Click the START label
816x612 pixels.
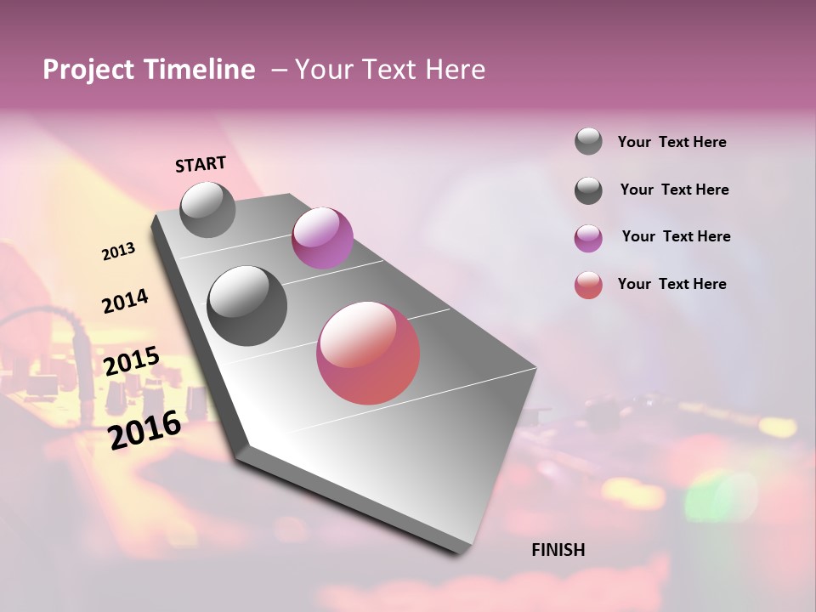pos(201,164)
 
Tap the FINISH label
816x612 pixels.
pos(558,550)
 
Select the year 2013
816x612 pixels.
pos(119,252)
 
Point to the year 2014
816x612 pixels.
pos(125,302)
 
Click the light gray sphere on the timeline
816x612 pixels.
pos(207,209)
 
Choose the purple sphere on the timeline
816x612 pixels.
pos(322,237)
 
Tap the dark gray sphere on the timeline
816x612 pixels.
pos(246,306)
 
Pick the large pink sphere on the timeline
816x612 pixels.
pos(368,353)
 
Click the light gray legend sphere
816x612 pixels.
pos(588,141)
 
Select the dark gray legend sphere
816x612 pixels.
pos(588,190)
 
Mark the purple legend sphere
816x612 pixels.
pos(588,238)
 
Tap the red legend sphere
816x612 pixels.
pos(588,285)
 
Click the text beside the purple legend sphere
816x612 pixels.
pos(676,236)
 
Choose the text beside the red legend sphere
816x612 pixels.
pos(671,284)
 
